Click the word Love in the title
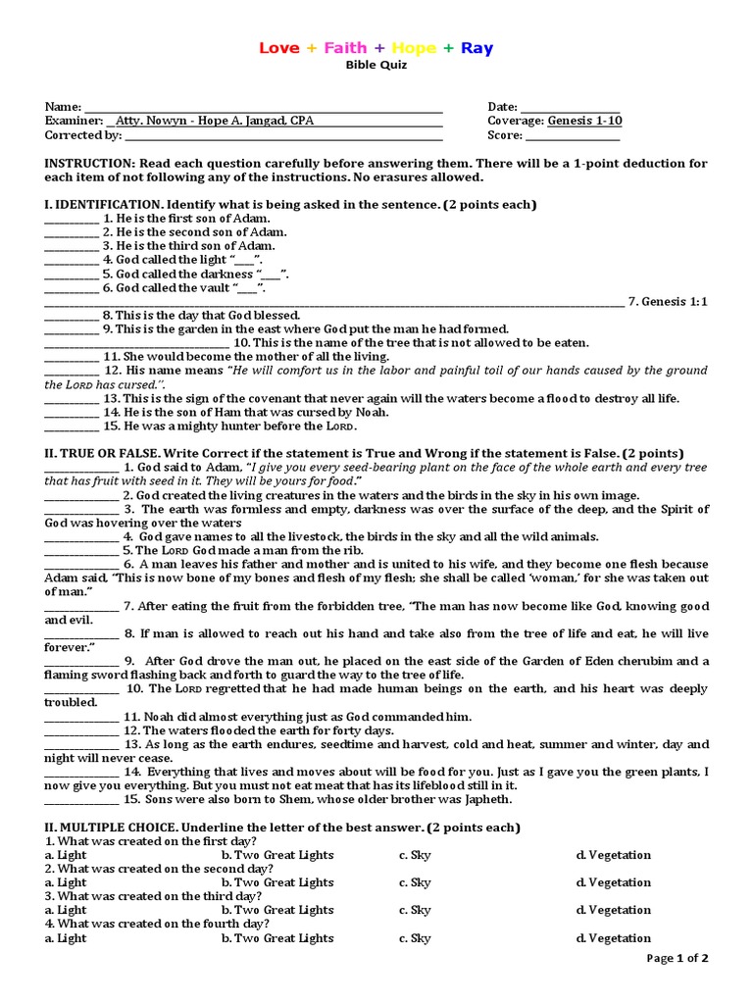click(x=279, y=48)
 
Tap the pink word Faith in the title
click(x=345, y=48)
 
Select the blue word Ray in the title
click(x=477, y=48)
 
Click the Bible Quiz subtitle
click(x=376, y=65)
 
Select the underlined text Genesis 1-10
click(x=584, y=121)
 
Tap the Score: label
click(x=506, y=135)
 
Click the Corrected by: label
click(x=83, y=135)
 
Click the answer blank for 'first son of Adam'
click(x=72, y=219)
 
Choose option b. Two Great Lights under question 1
click(x=277, y=855)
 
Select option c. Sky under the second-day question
click(x=415, y=882)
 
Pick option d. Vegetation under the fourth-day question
click(x=613, y=938)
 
